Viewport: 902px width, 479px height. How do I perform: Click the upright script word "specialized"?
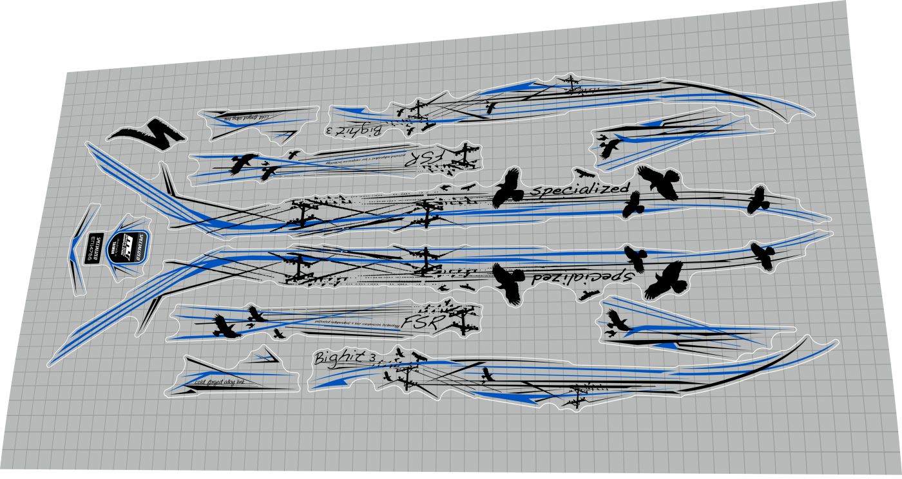(579, 189)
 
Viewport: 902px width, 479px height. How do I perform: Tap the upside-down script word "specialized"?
(583, 277)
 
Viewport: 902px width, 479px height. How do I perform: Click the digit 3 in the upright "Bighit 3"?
(373, 359)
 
